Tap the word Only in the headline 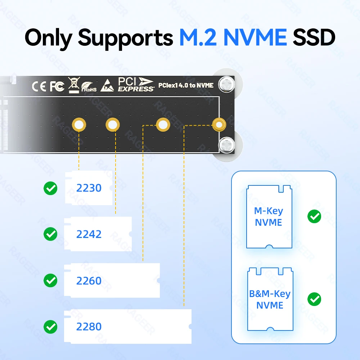pyautogui.click(x=49, y=37)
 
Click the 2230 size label pyautogui.click(x=89, y=188)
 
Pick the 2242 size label pyautogui.click(x=89, y=234)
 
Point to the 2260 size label pyautogui.click(x=89, y=281)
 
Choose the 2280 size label pyautogui.click(x=89, y=327)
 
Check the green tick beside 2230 pyautogui.click(x=50, y=188)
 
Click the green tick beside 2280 pyautogui.click(x=50, y=327)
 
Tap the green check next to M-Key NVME pyautogui.click(x=314, y=216)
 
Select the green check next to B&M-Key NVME pyautogui.click(x=314, y=299)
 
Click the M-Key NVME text pyautogui.click(x=269, y=217)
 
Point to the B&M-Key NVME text pyautogui.click(x=270, y=300)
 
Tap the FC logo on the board pyautogui.click(x=57, y=86)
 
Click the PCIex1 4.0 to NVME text pyautogui.click(x=186, y=86)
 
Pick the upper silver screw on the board pyautogui.click(x=227, y=84)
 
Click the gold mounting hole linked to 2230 pyautogui.click(x=79, y=125)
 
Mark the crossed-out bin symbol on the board pyautogui.click(x=73, y=85)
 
